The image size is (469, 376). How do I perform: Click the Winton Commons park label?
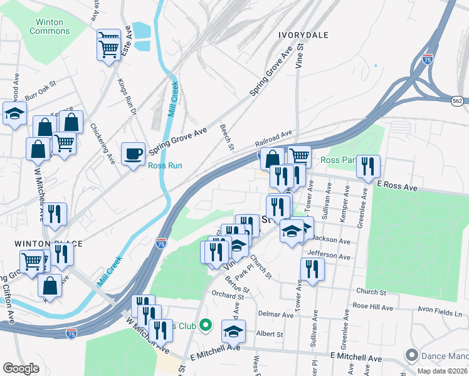pos(50,26)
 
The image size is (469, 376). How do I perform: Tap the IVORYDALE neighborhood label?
pos(303,35)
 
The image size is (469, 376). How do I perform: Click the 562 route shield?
pos(459,100)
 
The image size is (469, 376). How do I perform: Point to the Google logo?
pos(21,368)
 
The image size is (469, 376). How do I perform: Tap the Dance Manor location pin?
pos(412,355)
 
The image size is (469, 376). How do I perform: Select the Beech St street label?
pos(226,137)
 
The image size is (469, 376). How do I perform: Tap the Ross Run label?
pos(164,166)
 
